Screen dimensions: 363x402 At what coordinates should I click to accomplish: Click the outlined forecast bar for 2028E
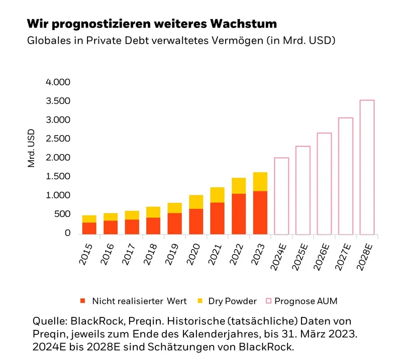pos(367,167)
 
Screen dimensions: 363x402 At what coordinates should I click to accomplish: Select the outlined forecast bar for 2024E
pos(281,196)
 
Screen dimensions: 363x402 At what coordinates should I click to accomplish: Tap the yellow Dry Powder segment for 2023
pos(260,181)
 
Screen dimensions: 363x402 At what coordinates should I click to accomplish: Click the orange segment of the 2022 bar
pos(239,214)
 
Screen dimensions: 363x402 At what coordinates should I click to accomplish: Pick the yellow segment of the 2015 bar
pos(89,219)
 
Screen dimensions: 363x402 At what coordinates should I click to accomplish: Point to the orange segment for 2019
pos(175,224)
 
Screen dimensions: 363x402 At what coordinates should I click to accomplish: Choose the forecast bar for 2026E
pos(324,183)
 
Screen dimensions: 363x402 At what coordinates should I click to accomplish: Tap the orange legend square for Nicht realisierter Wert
pos(82,301)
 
